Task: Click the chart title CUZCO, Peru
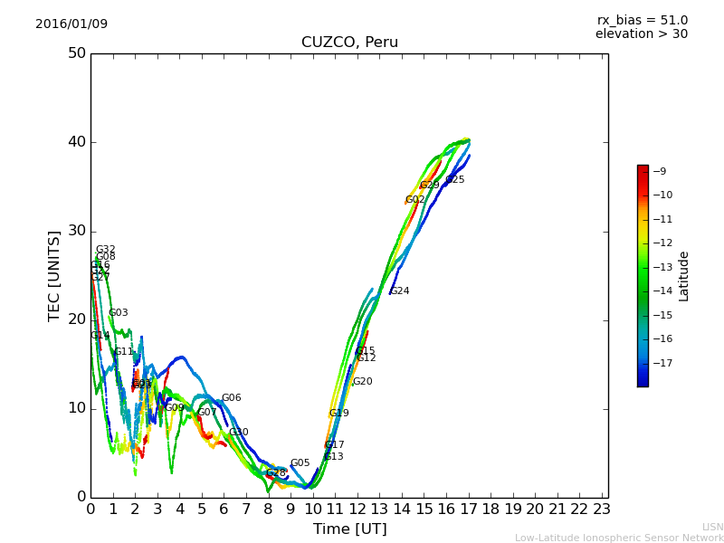[x=349, y=43]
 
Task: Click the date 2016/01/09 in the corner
[x=71, y=24]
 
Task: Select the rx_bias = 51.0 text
[x=642, y=20]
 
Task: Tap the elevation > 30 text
[x=641, y=34]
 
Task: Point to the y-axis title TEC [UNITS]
[x=54, y=275]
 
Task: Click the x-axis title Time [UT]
[x=349, y=529]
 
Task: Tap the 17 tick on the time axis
[x=469, y=510]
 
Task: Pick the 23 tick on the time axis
[x=602, y=510]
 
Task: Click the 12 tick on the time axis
[x=357, y=510]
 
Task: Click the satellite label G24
[x=400, y=291]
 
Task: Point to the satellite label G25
[x=455, y=180]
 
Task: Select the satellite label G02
[x=414, y=200]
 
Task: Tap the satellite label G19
[x=338, y=414]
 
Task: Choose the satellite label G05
[x=300, y=463]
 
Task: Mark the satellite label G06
[x=231, y=398]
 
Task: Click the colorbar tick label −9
[x=660, y=171]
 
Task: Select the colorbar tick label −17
[x=662, y=363]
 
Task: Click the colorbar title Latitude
[x=684, y=276]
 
